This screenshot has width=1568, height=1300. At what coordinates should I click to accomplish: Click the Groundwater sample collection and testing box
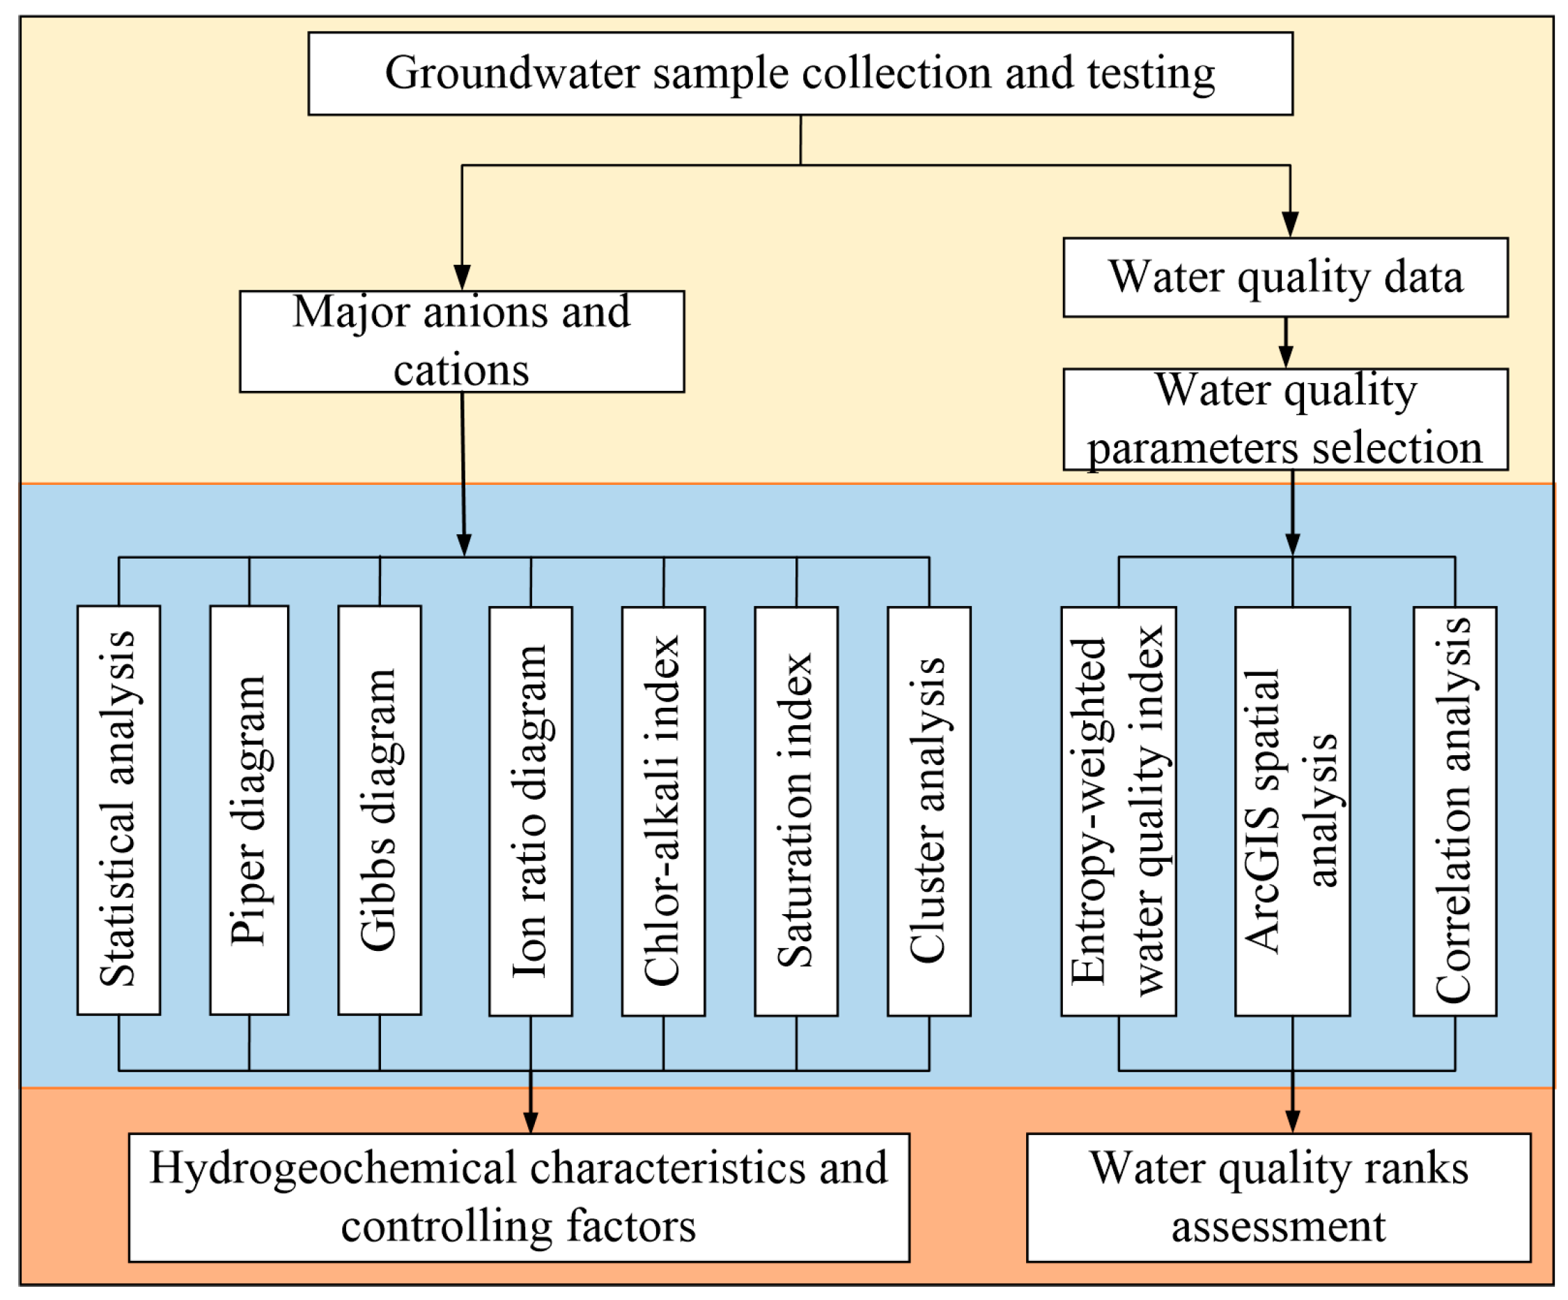click(800, 73)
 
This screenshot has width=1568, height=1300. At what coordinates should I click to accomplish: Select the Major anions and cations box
click(461, 341)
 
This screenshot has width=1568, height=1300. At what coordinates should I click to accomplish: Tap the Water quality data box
click(1284, 277)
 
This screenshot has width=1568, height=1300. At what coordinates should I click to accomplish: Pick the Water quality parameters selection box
click(1284, 419)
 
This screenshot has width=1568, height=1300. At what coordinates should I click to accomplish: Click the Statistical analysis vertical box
click(118, 810)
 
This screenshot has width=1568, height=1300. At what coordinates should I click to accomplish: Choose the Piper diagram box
click(249, 810)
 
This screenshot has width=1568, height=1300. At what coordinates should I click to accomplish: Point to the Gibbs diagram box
click(380, 810)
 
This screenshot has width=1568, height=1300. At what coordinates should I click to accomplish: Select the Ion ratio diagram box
click(530, 811)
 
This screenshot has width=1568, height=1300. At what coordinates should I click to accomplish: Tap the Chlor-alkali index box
click(663, 811)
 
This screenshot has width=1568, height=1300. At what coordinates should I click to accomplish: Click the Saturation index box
click(796, 811)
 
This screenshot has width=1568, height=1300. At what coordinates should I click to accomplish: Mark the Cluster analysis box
click(928, 811)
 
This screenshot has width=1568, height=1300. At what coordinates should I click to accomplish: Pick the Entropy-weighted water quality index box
click(1118, 811)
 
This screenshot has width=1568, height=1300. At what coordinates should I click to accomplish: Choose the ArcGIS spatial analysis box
click(1291, 811)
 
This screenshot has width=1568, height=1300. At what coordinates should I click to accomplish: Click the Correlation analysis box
click(1454, 811)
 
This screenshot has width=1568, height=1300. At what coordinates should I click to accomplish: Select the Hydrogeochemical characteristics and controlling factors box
click(518, 1198)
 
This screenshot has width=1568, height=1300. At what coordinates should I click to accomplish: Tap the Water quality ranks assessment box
click(1278, 1198)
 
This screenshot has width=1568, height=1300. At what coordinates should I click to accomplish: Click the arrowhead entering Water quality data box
click(1289, 225)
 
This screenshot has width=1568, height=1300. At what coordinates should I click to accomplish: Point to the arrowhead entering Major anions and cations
click(463, 277)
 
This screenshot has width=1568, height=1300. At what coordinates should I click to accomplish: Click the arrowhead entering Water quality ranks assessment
click(1292, 1121)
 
